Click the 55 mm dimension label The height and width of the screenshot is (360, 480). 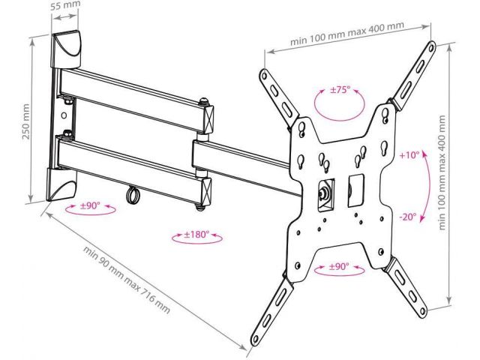[67, 7]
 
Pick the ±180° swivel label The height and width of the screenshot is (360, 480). [196, 235]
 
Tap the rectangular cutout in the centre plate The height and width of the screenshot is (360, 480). [354, 189]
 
